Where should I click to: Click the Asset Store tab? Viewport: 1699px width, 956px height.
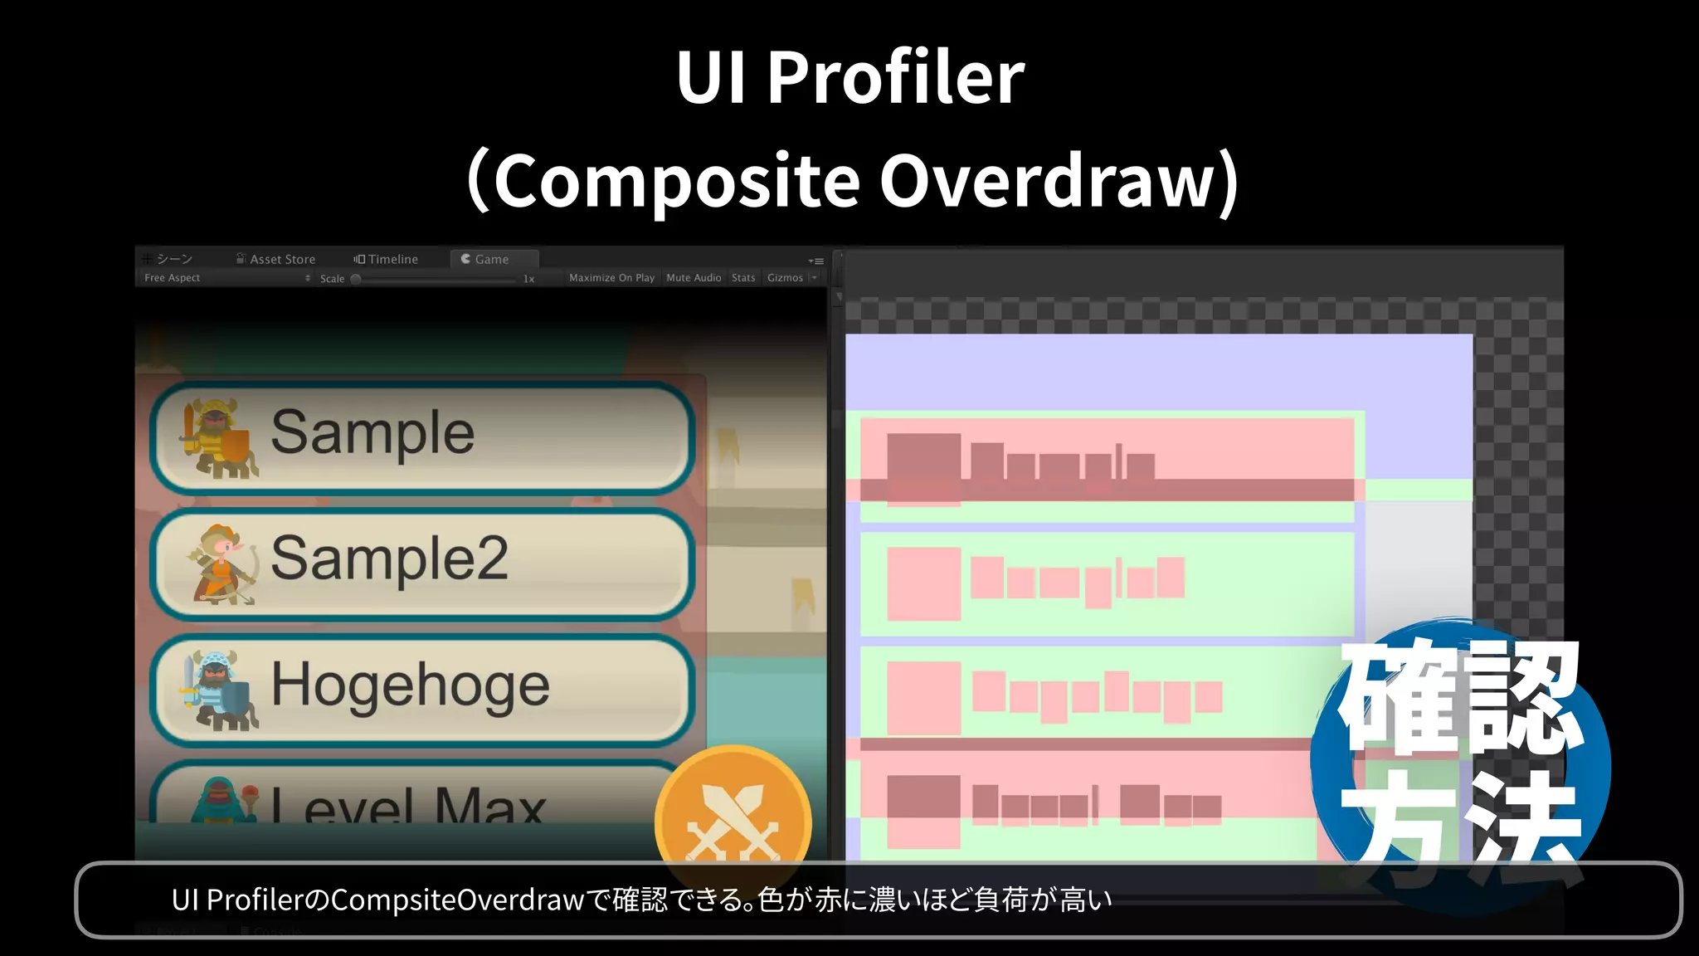pyautogui.click(x=275, y=259)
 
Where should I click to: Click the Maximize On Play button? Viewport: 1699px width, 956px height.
pyautogui.click(x=611, y=278)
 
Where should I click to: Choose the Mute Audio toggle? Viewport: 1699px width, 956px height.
pyautogui.click(x=694, y=278)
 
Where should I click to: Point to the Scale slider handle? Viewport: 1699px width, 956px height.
pyautogui.click(x=356, y=279)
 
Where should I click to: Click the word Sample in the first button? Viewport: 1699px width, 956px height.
pyautogui.click(x=372, y=432)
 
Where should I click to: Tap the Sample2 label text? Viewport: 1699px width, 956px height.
pyautogui.click(x=389, y=558)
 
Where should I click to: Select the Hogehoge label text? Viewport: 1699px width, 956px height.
pyautogui.click(x=410, y=685)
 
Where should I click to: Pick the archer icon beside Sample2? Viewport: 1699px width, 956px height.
pyautogui.click(x=222, y=564)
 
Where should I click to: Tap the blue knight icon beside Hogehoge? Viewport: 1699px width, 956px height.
pyautogui.click(x=218, y=690)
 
